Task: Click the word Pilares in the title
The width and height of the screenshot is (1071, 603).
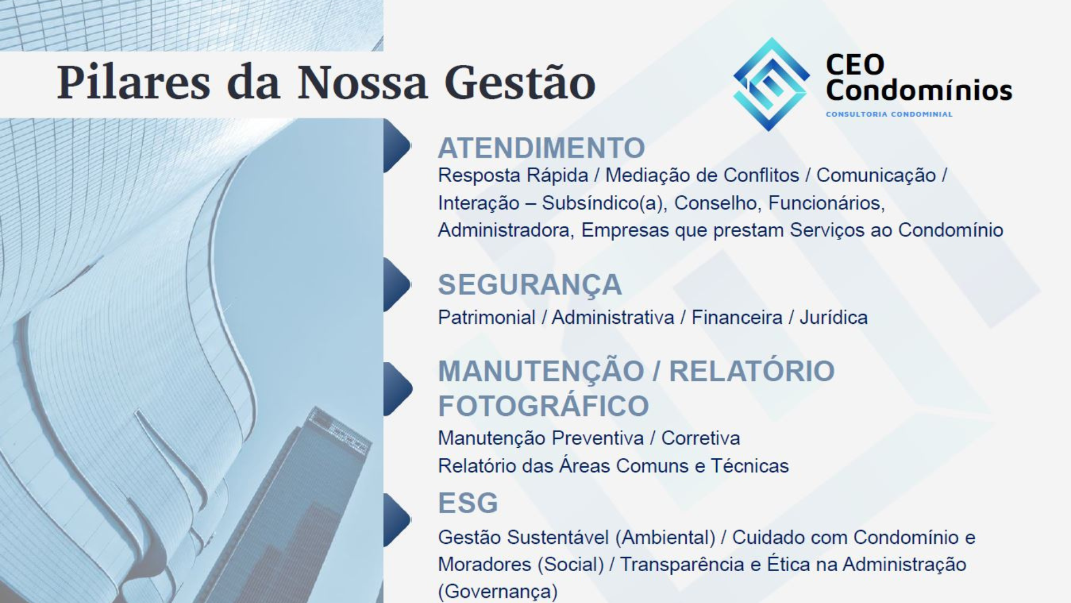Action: (133, 83)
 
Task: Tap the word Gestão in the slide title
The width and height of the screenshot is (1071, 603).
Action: (520, 83)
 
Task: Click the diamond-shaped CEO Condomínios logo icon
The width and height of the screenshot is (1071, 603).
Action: (771, 84)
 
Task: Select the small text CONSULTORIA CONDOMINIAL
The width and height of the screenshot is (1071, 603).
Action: (889, 114)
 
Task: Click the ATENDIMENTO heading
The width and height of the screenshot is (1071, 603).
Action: (541, 148)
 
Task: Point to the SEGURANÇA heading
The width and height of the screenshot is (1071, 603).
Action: (529, 285)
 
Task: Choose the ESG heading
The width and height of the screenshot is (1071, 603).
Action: (467, 503)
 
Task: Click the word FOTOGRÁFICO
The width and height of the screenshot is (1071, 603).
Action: (543, 406)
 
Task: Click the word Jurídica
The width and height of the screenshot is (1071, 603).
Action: (833, 318)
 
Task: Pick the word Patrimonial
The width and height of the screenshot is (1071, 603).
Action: (486, 318)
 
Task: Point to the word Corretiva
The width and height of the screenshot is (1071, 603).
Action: (701, 438)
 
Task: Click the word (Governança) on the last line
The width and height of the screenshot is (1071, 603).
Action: (498, 592)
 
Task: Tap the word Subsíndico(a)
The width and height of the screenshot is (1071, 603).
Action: (604, 203)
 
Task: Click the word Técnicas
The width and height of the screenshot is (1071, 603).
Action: (750, 466)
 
